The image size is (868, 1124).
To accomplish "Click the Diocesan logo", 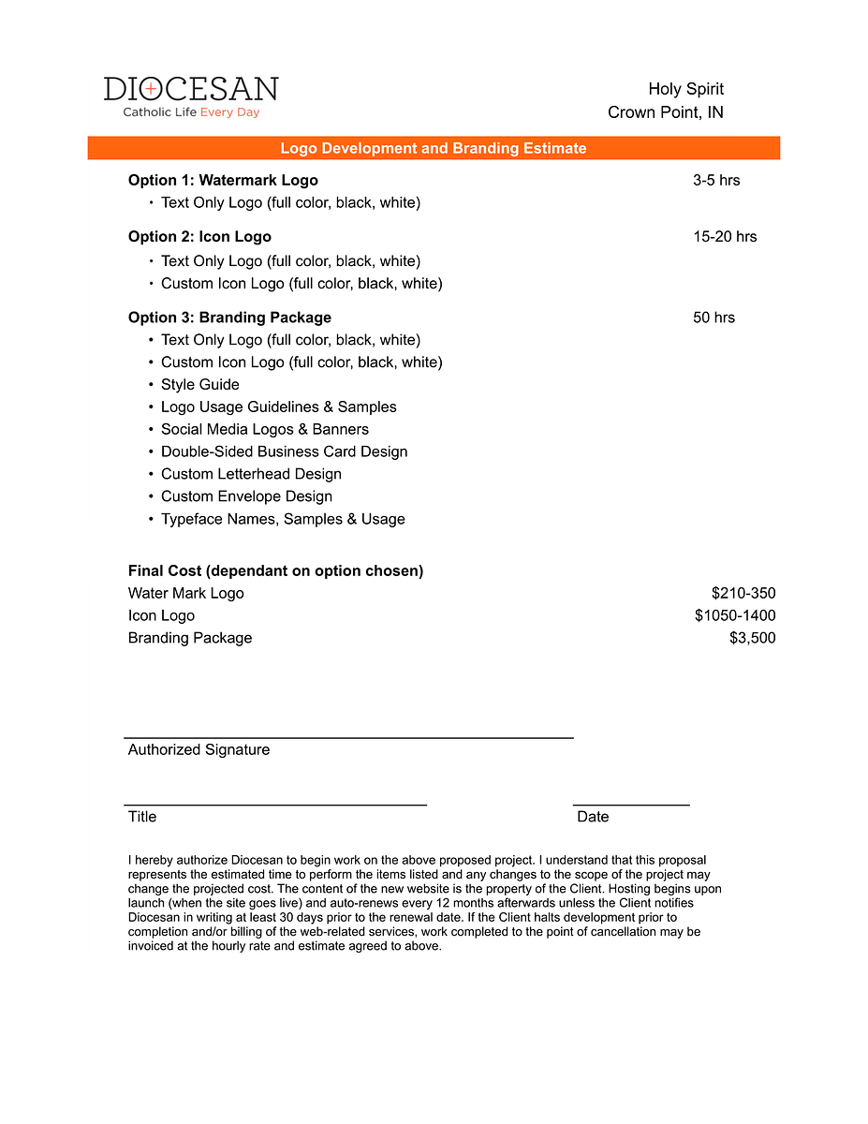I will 191,96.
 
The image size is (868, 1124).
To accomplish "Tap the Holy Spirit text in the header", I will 685,89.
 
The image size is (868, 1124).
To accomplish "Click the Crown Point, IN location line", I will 665,113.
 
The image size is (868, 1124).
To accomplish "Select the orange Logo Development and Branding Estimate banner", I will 434,148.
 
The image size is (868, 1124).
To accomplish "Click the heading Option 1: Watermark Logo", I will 223,181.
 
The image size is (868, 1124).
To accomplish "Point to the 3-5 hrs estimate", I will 716,181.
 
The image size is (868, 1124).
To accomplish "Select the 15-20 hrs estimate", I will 725,237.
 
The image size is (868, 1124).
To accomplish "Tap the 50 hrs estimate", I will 714,318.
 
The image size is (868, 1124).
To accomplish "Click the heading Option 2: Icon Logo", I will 199,237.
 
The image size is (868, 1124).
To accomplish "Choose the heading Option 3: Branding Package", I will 229,318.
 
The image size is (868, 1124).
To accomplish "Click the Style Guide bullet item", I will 199,385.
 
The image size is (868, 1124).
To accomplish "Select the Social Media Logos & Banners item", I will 264,430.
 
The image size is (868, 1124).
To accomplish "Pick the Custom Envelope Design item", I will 246,496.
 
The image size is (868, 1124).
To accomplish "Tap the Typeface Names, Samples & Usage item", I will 283,519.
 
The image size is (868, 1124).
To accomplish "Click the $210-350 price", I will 743,593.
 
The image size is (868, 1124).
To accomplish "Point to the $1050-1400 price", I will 735,615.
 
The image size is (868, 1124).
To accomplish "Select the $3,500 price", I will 752,638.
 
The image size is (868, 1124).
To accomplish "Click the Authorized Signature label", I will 199,749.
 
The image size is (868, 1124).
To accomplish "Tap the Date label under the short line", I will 593,817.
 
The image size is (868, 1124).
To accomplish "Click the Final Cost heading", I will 275,570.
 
